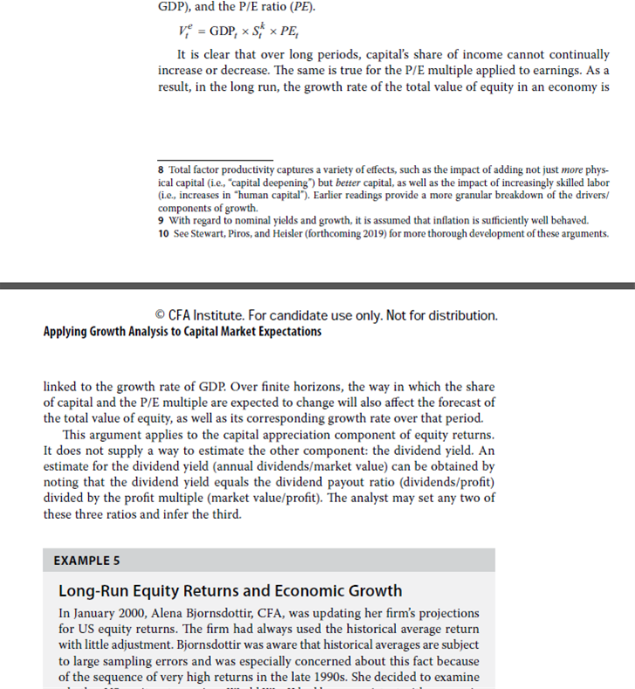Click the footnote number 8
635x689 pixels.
click(x=161, y=168)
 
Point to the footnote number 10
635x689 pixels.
click(x=163, y=233)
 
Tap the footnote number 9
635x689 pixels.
click(x=161, y=220)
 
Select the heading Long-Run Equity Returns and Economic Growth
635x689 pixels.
click(x=229, y=591)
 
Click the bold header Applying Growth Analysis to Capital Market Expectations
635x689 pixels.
click(x=182, y=331)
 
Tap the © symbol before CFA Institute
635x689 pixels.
click(x=158, y=314)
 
